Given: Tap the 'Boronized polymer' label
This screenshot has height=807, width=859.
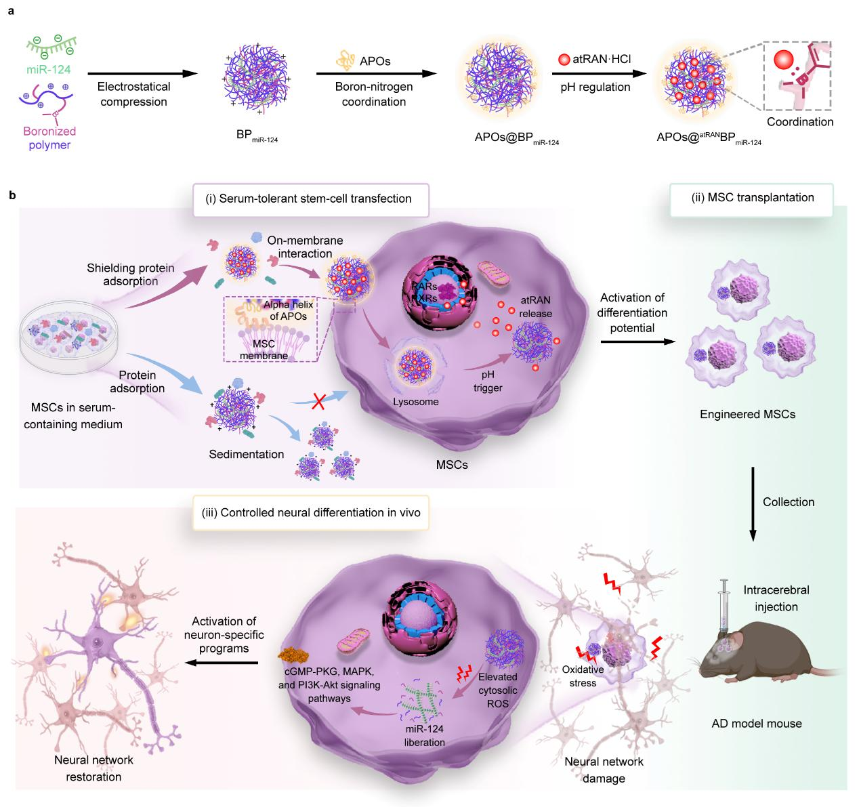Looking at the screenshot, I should tap(49, 138).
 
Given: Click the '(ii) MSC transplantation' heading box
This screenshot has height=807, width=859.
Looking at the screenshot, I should tap(751, 198).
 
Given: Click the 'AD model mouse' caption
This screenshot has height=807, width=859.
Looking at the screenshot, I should tap(756, 723).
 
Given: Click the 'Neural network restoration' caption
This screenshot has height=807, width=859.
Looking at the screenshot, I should tap(88, 768).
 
